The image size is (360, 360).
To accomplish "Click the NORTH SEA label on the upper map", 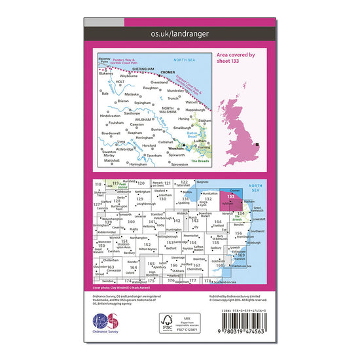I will (x=194, y=60).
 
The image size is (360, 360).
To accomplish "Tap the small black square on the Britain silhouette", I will (x=258, y=145).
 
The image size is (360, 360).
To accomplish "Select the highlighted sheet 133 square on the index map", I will (x=230, y=197).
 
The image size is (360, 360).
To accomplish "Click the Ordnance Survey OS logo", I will (x=107, y=325).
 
